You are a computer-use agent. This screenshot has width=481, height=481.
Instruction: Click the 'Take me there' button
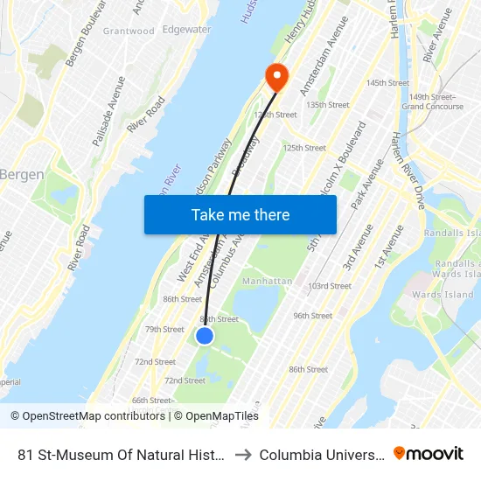tap(240, 215)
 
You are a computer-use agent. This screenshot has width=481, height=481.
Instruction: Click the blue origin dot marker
tap(205, 336)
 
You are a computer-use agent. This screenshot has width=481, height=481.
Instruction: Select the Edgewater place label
tap(186, 30)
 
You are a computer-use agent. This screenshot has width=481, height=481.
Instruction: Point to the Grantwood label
tap(129, 31)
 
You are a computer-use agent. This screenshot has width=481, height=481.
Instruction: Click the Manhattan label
tap(267, 281)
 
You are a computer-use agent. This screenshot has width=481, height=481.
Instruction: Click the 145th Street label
tap(387, 83)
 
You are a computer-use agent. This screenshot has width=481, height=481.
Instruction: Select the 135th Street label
tap(328, 105)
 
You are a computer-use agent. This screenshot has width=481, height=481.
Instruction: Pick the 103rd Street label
tap(329, 286)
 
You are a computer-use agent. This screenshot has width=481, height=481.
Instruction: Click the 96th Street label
tap(312, 316)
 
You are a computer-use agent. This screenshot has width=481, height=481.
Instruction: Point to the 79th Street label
tap(164, 330)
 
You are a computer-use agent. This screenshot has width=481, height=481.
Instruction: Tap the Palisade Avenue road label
tap(110, 110)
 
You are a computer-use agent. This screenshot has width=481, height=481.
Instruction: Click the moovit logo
tap(429, 454)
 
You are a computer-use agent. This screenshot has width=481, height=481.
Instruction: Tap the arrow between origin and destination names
tap(243, 455)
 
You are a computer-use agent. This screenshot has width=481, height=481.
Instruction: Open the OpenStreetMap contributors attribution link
tap(87, 416)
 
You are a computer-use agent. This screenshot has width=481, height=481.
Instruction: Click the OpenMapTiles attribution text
tap(216, 416)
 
